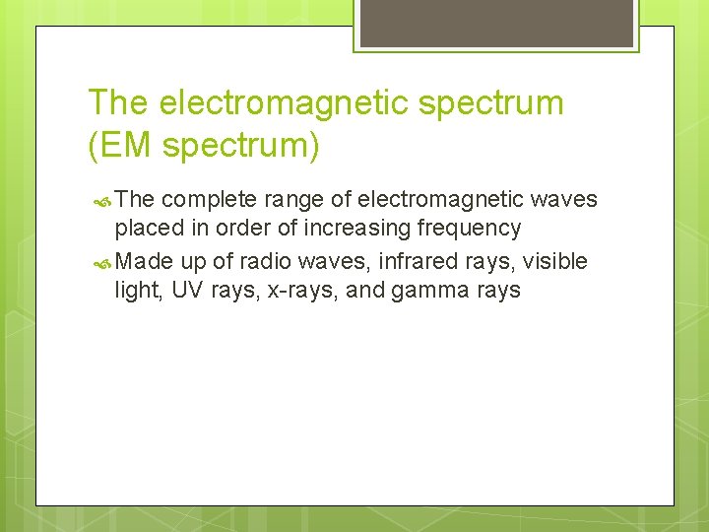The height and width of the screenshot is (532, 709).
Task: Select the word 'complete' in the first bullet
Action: (204, 200)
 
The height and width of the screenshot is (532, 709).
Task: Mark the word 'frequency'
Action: (471, 229)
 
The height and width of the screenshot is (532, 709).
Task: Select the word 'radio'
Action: (238, 261)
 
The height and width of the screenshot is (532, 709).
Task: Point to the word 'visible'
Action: (554, 261)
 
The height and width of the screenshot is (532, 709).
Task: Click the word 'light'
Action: (137, 291)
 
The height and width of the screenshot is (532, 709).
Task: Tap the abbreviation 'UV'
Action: (187, 291)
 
